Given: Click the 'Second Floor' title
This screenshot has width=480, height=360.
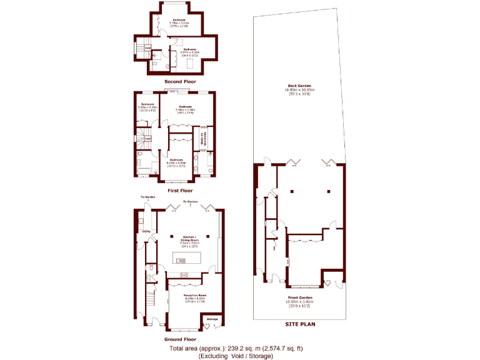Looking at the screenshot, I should [x=180, y=82].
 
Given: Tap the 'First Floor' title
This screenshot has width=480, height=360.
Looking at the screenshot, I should [x=180, y=191].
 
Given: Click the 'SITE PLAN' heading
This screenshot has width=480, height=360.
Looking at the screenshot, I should [x=301, y=324].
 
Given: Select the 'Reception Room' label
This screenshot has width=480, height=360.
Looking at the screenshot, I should [x=194, y=296].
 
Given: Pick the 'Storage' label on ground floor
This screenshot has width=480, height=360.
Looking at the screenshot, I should [x=212, y=319].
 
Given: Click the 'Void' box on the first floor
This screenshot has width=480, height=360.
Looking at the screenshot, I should [x=149, y=138].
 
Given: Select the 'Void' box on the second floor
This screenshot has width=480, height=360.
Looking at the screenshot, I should [x=148, y=47].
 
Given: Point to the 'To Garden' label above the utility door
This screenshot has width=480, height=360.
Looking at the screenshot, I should [x=147, y=197].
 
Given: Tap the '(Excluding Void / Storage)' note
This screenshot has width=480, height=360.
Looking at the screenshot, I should [x=236, y=356].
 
